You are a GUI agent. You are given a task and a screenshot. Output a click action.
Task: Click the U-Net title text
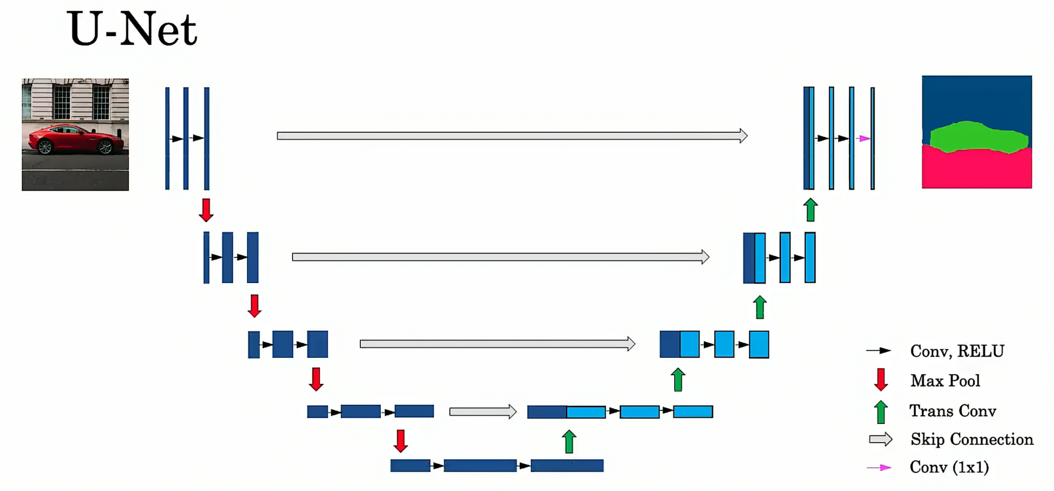pos(132,29)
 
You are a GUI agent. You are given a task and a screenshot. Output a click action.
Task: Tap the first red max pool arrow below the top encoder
pos(206,210)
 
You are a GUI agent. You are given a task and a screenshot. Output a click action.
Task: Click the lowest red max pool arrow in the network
pos(401,441)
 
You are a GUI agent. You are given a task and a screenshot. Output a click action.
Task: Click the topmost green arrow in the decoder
pos(810,210)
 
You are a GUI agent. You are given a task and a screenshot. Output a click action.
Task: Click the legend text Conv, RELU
pos(957,351)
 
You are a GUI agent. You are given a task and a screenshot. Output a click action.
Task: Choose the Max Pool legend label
pos(945,381)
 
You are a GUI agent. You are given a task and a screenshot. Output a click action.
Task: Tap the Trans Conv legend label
pos(953,411)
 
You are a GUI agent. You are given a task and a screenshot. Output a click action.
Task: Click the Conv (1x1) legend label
pos(949,467)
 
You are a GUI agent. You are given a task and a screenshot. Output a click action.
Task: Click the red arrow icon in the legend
pos(881,380)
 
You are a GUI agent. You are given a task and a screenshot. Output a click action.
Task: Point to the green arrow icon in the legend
pos(881,412)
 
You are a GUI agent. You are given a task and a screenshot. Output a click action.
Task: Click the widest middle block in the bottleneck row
pos(480,465)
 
